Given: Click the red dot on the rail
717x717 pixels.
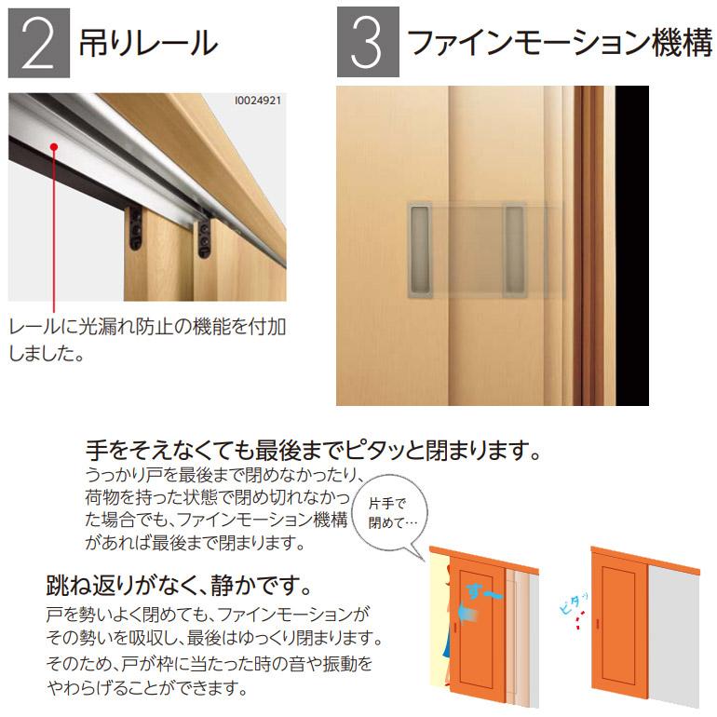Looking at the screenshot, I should [x=55, y=146].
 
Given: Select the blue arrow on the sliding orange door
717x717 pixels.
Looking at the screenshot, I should [x=467, y=613].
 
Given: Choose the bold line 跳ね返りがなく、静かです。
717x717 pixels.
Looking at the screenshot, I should [x=177, y=588].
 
